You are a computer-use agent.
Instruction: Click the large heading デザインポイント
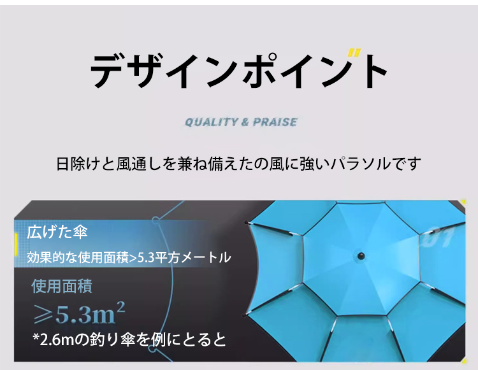(x=239, y=71)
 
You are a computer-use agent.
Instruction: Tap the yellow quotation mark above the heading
(x=354, y=53)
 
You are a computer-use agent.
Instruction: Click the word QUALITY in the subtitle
(x=211, y=122)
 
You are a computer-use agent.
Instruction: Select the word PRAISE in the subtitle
(x=275, y=122)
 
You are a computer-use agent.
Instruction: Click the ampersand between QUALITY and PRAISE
(x=245, y=122)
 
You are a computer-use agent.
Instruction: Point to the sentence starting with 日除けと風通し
(x=238, y=164)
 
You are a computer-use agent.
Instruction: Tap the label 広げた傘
(x=57, y=232)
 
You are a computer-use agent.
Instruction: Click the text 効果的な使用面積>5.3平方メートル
(x=129, y=257)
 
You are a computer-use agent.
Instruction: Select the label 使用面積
(x=62, y=286)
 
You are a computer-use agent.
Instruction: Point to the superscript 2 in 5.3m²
(x=120, y=307)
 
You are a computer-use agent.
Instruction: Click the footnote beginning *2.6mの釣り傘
(x=129, y=339)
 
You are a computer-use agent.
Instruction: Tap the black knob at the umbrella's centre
(x=361, y=255)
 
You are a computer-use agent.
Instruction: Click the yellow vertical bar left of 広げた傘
(x=15, y=245)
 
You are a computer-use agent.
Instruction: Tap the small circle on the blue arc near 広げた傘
(x=156, y=220)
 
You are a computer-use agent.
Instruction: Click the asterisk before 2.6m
(x=36, y=337)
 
